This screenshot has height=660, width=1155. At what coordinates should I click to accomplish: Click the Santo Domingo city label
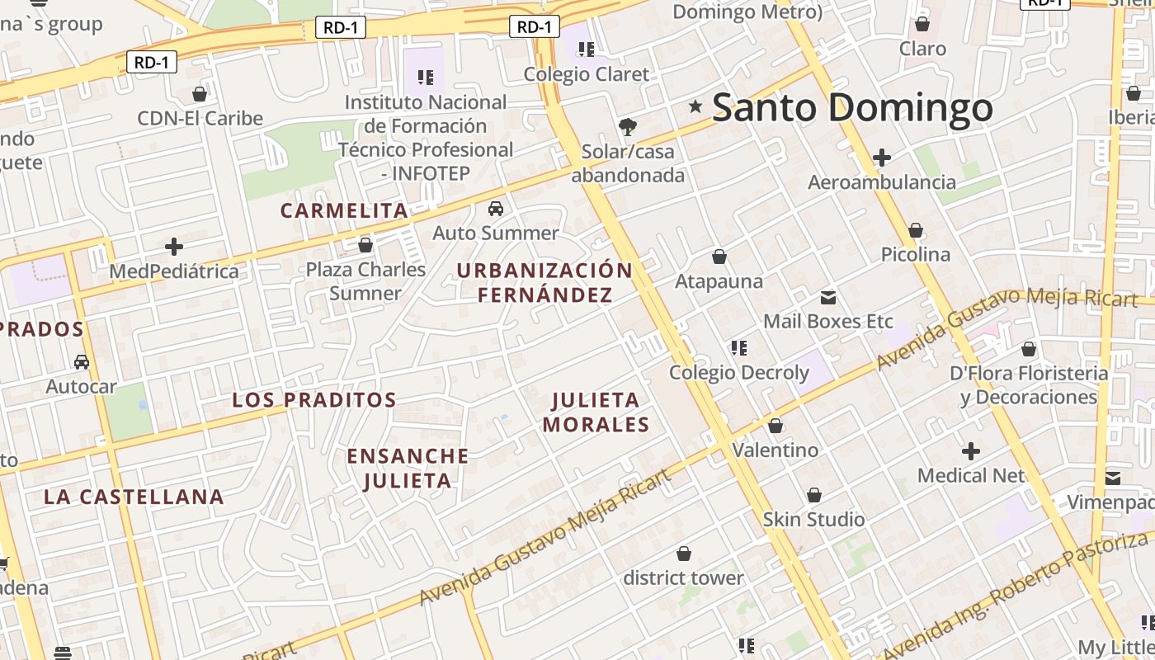coord(852,108)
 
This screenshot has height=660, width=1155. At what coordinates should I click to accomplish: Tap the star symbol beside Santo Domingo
coord(695,106)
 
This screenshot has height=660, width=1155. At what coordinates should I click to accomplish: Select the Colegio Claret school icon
coord(587,49)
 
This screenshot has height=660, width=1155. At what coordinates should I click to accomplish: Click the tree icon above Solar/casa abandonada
coord(628,126)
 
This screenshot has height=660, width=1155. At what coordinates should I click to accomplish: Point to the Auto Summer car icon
coord(496,208)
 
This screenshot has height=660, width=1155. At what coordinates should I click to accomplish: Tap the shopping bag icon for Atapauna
coord(719,257)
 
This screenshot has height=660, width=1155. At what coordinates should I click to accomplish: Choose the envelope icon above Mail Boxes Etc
coord(828,297)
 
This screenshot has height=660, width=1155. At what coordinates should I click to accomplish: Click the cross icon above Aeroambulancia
coord(882,157)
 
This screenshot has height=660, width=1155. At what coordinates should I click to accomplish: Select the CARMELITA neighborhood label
coord(344,210)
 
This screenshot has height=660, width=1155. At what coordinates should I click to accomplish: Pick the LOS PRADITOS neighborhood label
coord(314,400)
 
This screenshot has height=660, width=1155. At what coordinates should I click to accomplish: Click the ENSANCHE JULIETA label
coord(408,468)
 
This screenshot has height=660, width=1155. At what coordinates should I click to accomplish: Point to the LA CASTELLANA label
coord(134,497)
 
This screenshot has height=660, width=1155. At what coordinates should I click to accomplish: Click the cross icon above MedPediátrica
coord(174,246)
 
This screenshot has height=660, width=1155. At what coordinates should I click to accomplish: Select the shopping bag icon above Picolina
coord(916,230)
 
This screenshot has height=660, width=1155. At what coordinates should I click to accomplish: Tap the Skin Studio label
coord(813,520)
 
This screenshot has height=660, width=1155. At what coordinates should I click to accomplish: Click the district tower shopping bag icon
coord(683,553)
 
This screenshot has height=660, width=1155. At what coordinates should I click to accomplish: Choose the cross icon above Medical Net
coord(971,451)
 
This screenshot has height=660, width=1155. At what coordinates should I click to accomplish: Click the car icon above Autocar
coord(82,361)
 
